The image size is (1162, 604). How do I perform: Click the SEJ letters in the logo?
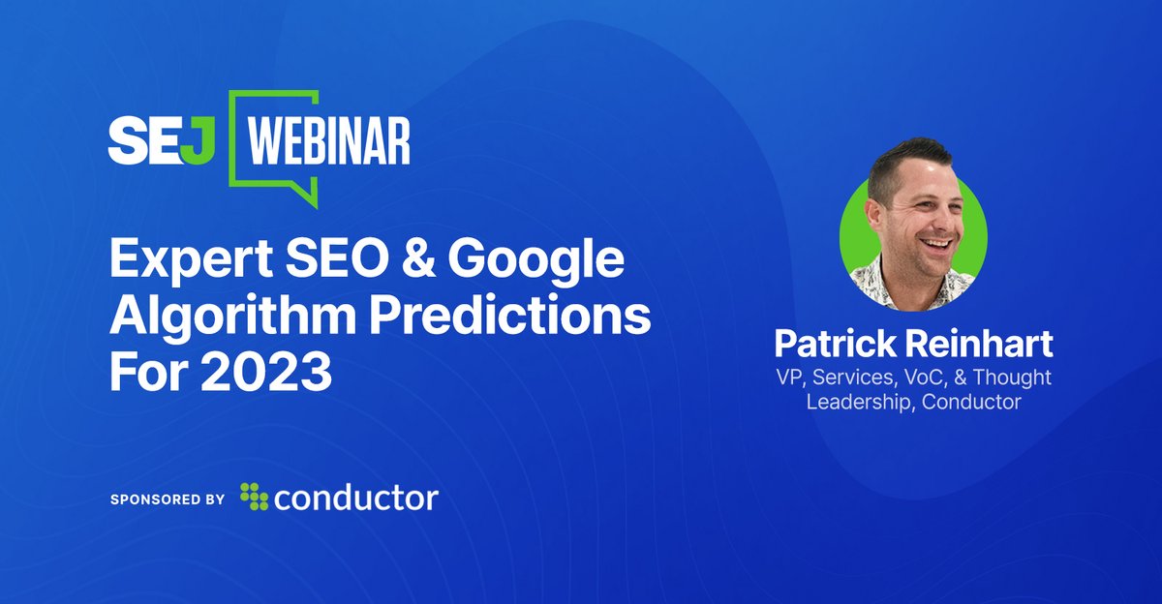[x=167, y=142]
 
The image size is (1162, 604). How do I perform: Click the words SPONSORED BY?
[x=168, y=499]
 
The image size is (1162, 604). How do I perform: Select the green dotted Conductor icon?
[x=254, y=498]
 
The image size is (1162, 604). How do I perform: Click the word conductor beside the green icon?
[x=355, y=498]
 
